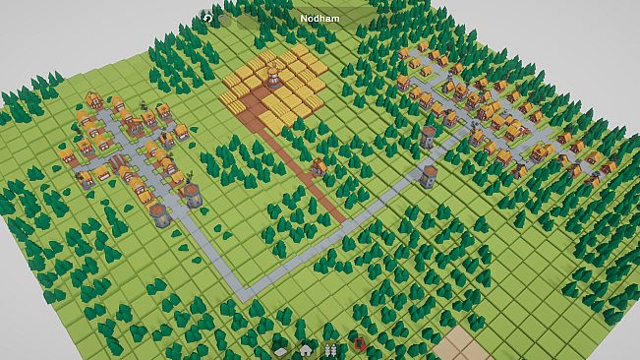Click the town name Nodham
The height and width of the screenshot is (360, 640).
(320, 18)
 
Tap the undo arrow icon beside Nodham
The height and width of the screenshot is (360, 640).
(208, 18)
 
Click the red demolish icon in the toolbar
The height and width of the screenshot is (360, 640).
(360, 346)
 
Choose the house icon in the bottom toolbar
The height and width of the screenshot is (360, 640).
(306, 348)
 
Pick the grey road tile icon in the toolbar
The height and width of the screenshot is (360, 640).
(281, 349)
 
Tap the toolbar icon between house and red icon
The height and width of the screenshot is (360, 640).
(331, 348)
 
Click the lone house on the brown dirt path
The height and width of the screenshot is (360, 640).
(319, 166)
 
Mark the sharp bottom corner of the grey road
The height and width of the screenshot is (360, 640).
(243, 291)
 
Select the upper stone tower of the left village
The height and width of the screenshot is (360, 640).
(193, 194)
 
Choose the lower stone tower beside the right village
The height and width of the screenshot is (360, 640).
(429, 176)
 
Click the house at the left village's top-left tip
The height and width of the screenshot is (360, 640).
(94, 99)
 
